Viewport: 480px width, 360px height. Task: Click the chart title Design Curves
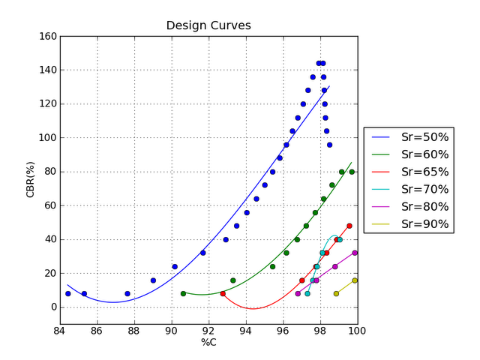click(x=208, y=25)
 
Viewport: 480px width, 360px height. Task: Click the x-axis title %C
click(x=208, y=343)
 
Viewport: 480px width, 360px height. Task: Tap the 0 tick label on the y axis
click(x=52, y=307)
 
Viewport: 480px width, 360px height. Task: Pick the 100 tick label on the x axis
click(x=357, y=332)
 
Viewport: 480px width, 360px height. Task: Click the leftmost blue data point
click(x=68, y=294)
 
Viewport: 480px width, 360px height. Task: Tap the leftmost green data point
click(x=183, y=294)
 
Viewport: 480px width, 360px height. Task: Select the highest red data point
click(x=349, y=226)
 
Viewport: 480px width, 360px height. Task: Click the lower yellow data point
click(x=336, y=294)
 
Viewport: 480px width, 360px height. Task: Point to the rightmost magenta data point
click(x=355, y=253)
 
